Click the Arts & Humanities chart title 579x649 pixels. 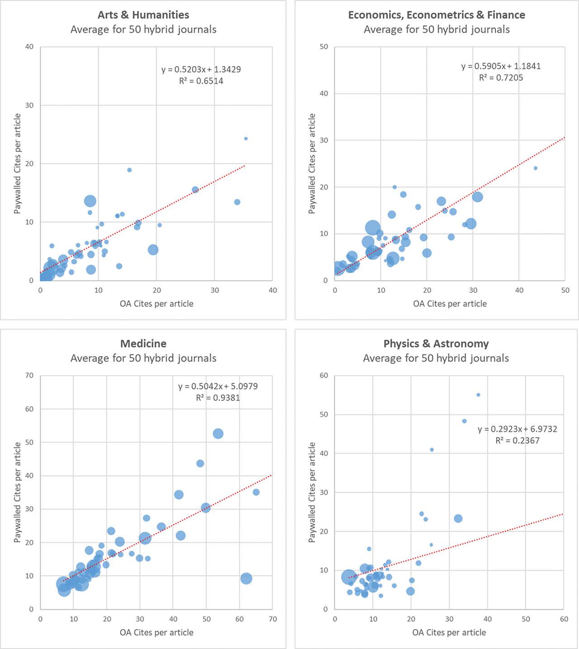143,15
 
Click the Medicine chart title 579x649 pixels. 143,343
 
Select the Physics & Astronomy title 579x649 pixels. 436,343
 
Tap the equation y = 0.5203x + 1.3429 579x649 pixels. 201,70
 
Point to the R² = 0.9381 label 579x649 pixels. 218,398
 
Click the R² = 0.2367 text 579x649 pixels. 517,441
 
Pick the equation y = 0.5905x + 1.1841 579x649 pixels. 501,66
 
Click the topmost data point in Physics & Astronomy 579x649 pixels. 478,395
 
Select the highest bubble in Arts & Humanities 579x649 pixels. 246,139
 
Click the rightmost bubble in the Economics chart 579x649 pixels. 536,168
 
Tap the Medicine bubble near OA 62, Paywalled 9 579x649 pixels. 246,578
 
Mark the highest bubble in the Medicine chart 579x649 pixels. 218,434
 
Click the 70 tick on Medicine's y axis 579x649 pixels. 29,376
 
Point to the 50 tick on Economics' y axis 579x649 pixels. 324,47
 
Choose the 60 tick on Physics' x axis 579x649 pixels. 564,619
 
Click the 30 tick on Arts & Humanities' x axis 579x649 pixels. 215,291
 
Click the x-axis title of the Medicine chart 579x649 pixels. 157,633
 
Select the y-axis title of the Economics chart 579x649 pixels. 312,164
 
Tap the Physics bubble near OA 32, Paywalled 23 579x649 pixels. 458,518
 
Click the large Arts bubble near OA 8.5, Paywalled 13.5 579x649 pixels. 90,201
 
